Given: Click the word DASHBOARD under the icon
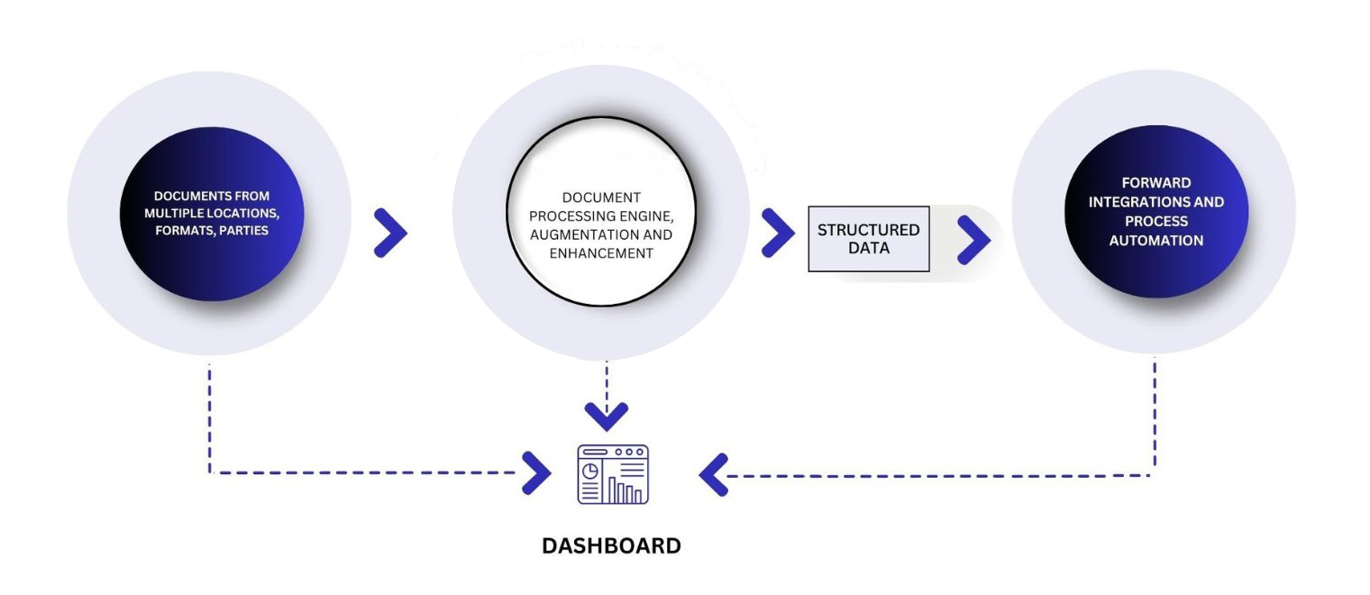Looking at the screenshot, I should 611,545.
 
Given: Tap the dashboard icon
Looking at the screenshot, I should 613,474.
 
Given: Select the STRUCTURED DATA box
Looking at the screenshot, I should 868,238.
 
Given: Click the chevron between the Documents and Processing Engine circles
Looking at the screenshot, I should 390,233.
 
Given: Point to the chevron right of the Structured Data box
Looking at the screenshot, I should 973,239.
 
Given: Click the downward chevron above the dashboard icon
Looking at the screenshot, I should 606,416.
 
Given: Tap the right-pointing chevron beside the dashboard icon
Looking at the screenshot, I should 537,473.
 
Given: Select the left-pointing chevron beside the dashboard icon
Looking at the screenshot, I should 713,475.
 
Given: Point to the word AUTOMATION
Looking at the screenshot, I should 1156,241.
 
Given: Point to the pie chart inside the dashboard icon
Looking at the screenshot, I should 591,471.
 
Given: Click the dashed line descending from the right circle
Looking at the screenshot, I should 1155,415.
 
